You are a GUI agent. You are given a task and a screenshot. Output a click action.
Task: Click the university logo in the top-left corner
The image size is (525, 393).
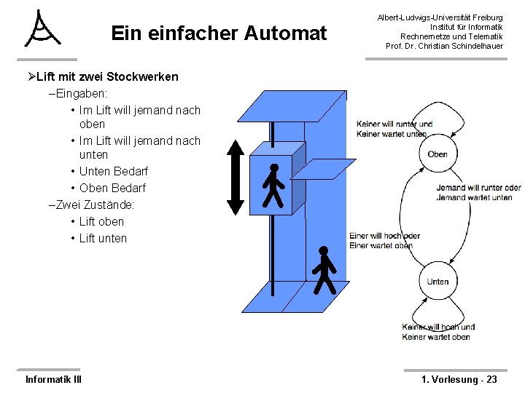(x=42, y=29)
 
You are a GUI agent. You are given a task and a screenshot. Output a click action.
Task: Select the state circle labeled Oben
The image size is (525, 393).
(x=437, y=154)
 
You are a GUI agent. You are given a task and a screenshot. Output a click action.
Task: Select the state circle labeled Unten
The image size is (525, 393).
(x=437, y=282)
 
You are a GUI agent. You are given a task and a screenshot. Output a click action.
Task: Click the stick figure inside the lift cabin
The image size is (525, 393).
(x=273, y=185)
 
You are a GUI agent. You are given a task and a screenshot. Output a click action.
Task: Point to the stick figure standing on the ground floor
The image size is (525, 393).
(x=323, y=270)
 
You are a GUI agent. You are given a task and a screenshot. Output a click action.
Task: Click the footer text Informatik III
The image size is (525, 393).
(x=53, y=379)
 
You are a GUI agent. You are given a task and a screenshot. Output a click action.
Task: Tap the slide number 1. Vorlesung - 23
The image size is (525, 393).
(x=459, y=379)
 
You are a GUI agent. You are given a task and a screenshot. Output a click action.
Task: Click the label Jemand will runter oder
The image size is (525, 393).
(x=478, y=188)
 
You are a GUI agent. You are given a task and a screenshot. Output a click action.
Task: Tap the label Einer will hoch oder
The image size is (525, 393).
(x=384, y=236)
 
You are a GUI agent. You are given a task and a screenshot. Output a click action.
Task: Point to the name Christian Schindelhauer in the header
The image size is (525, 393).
(x=462, y=47)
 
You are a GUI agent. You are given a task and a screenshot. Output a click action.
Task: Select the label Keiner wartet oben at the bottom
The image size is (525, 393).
(x=436, y=337)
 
